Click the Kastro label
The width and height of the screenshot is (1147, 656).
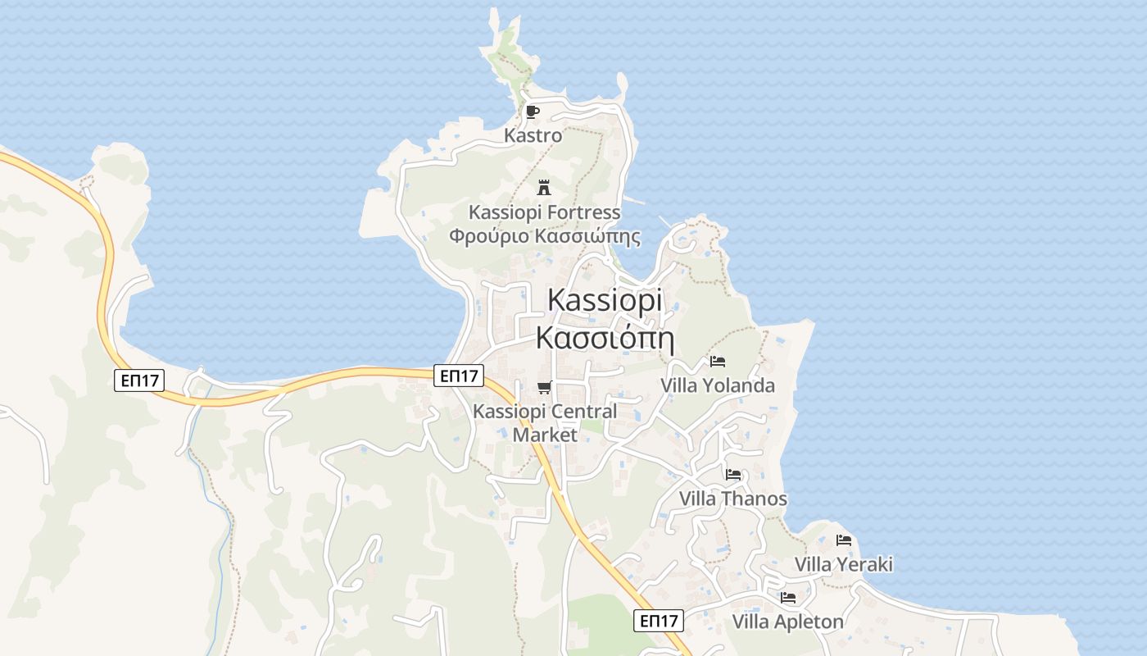(533, 136)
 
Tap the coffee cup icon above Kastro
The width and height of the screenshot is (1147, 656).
(533, 112)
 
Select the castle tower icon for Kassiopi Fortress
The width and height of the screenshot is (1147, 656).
(544, 188)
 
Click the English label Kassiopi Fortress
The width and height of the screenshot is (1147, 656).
(544, 212)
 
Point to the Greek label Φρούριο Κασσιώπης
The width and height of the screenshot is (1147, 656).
(544, 237)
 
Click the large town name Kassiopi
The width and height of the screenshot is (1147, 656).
(605, 299)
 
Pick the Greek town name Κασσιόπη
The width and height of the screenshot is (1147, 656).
(605, 337)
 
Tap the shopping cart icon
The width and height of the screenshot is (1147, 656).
(544, 388)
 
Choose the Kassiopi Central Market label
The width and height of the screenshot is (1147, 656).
(545, 423)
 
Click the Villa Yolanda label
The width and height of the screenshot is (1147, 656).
(718, 385)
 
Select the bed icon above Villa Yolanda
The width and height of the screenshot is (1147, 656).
(718, 361)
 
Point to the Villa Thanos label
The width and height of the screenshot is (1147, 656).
(733, 499)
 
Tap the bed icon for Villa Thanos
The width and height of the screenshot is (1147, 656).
(733, 474)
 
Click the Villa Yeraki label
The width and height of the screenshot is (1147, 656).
(844, 564)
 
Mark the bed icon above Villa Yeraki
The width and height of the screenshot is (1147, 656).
(844, 540)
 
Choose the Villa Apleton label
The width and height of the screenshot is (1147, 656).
(787, 622)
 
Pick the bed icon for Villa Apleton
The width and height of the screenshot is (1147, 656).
(788, 597)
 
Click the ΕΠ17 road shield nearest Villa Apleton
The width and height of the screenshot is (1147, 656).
(659, 621)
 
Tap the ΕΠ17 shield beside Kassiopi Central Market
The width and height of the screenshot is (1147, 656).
(459, 376)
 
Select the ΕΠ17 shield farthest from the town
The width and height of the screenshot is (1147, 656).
(139, 380)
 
